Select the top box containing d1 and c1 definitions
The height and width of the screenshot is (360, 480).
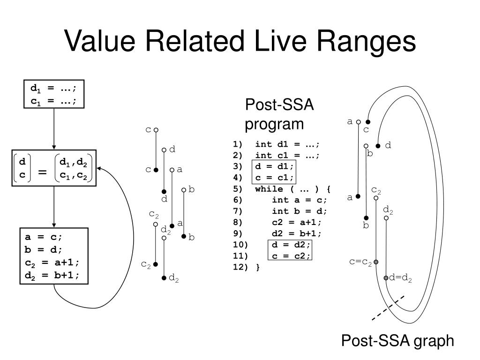point(54,94)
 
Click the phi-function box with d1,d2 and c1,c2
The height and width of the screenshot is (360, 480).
point(54,168)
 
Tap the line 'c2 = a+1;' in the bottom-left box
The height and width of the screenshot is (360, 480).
point(52,263)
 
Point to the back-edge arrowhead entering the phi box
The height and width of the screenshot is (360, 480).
point(99,168)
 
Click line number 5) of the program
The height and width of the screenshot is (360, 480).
point(238,189)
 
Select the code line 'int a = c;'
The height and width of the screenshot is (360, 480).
point(299,200)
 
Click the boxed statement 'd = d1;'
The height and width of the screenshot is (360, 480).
point(274,166)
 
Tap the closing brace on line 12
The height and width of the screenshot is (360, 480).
point(258,267)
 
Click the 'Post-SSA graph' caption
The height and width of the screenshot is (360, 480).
point(397,341)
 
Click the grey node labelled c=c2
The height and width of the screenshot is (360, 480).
point(376,262)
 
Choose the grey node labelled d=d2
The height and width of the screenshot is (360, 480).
point(386,277)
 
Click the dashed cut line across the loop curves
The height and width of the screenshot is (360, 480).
point(388,308)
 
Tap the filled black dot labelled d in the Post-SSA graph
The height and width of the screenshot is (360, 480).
point(378,146)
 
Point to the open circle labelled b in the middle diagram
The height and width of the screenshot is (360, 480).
point(184,190)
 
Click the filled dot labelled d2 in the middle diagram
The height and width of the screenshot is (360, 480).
point(164,277)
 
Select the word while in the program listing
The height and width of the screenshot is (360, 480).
point(269,189)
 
